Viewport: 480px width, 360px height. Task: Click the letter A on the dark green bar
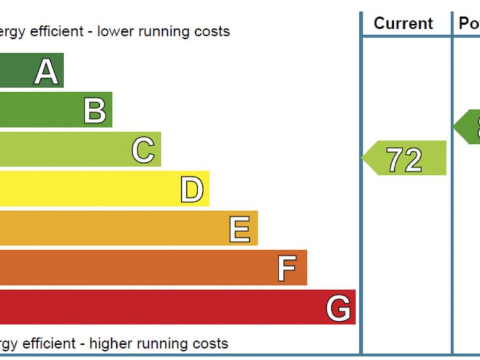point(46,71)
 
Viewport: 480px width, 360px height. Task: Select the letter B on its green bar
point(95,111)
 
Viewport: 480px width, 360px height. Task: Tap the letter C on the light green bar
point(143,150)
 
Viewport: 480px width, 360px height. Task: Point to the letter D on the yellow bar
point(191,190)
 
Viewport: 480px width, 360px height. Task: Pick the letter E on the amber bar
point(240,229)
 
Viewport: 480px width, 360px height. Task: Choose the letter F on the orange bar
point(287,269)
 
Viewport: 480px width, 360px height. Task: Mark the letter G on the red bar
point(338,308)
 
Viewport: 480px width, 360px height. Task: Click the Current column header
point(403,24)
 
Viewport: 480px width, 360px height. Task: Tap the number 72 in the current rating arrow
point(404,159)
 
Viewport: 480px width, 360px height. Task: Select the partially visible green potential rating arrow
point(469,127)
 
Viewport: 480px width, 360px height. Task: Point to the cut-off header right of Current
point(469,24)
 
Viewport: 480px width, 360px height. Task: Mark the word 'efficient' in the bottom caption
point(54,344)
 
